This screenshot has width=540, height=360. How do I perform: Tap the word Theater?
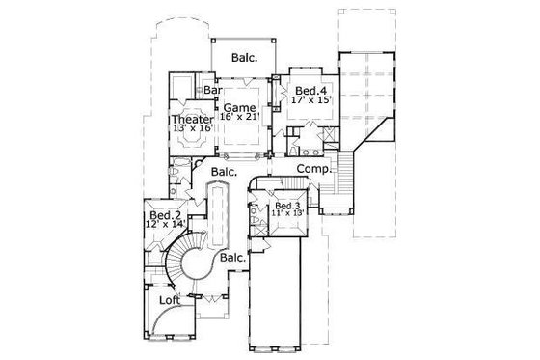click(193, 119)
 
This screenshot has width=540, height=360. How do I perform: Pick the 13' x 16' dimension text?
click(193, 129)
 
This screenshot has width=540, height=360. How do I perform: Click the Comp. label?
click(313, 168)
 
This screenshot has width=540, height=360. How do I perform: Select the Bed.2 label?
click(166, 214)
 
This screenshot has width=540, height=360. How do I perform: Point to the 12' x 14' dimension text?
click(166, 225)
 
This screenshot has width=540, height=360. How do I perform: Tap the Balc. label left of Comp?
click(224, 171)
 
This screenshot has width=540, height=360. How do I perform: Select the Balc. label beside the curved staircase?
click(231, 258)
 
